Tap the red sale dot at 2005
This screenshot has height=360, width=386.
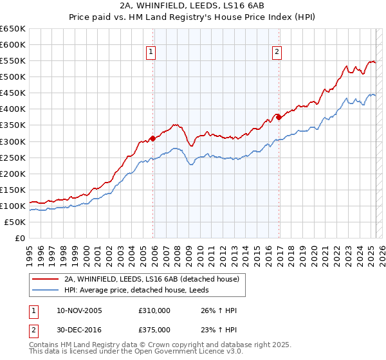click(x=152, y=138)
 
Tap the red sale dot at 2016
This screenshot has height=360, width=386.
click(x=279, y=117)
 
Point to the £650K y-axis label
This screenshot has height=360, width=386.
click(x=13, y=29)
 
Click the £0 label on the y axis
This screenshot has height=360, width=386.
click(x=20, y=239)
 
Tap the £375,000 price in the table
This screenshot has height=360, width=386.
click(x=154, y=330)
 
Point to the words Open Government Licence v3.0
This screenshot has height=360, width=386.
click(x=179, y=352)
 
